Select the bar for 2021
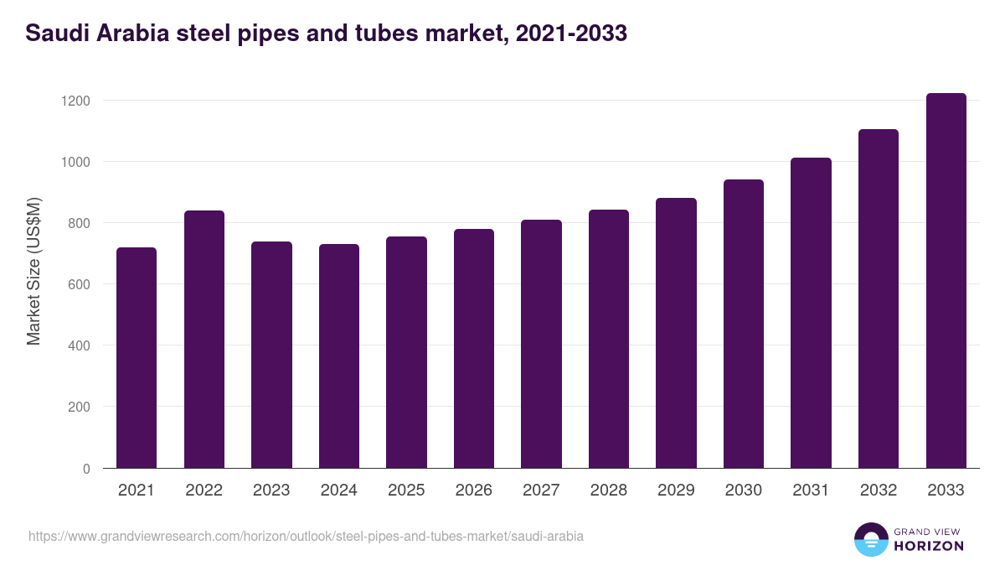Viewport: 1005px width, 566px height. tap(137, 358)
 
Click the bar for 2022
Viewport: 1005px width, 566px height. tap(204, 340)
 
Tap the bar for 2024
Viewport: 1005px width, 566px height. tap(339, 356)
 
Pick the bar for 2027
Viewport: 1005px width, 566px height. tap(541, 344)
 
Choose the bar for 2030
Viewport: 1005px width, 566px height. tap(744, 324)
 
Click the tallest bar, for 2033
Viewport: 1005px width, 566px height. tap(946, 281)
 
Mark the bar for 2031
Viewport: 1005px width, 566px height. tap(811, 313)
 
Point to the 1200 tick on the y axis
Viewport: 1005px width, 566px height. tap(75, 101)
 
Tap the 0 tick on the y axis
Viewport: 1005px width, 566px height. tap(86, 469)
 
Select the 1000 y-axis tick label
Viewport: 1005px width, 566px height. tap(75, 162)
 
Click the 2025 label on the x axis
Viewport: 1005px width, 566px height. tap(406, 491)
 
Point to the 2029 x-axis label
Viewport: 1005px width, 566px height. tap(676, 491)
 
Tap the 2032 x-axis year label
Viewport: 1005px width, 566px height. tap(879, 491)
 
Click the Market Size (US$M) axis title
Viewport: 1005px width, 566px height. tap(33, 271)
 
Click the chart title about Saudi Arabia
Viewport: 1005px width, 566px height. tap(327, 34)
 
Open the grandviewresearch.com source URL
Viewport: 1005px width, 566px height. tap(306, 536)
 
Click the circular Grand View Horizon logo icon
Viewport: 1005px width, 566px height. tap(870, 539)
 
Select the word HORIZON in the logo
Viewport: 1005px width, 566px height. tap(930, 546)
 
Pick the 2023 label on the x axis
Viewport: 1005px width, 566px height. tap(271, 491)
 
